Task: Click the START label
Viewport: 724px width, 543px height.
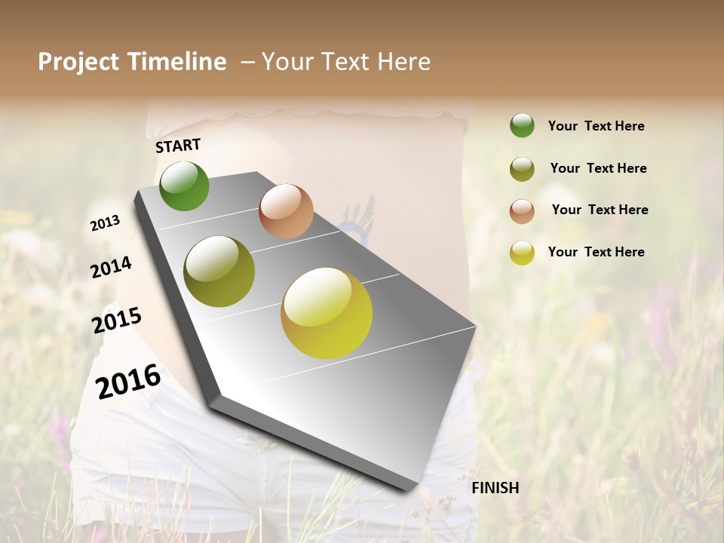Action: [x=178, y=146]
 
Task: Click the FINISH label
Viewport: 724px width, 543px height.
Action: [x=495, y=488]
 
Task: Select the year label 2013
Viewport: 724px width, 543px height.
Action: [x=106, y=223]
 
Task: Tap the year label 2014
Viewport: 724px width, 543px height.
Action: [x=112, y=268]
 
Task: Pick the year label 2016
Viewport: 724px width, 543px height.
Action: [x=128, y=381]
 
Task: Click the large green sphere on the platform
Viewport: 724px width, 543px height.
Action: [x=184, y=186]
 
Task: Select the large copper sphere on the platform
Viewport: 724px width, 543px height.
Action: [x=286, y=211]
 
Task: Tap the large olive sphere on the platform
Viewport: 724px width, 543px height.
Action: [x=219, y=271]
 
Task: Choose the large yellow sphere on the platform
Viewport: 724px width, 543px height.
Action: [x=327, y=313]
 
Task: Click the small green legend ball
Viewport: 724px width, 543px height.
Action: [x=522, y=125]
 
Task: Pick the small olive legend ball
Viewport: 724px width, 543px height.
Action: [x=522, y=169]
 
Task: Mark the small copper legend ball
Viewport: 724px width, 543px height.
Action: [x=522, y=211]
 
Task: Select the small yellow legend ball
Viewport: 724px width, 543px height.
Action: [x=522, y=253]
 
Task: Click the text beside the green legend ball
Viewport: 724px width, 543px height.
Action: [x=596, y=126]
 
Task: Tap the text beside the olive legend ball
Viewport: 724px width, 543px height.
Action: [x=598, y=168]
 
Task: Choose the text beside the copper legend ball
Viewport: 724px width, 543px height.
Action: [x=600, y=210]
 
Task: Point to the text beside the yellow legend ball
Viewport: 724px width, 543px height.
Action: [x=596, y=252]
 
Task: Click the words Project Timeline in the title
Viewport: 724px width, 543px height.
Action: [x=132, y=62]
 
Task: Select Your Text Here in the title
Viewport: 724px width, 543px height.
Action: [x=345, y=62]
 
